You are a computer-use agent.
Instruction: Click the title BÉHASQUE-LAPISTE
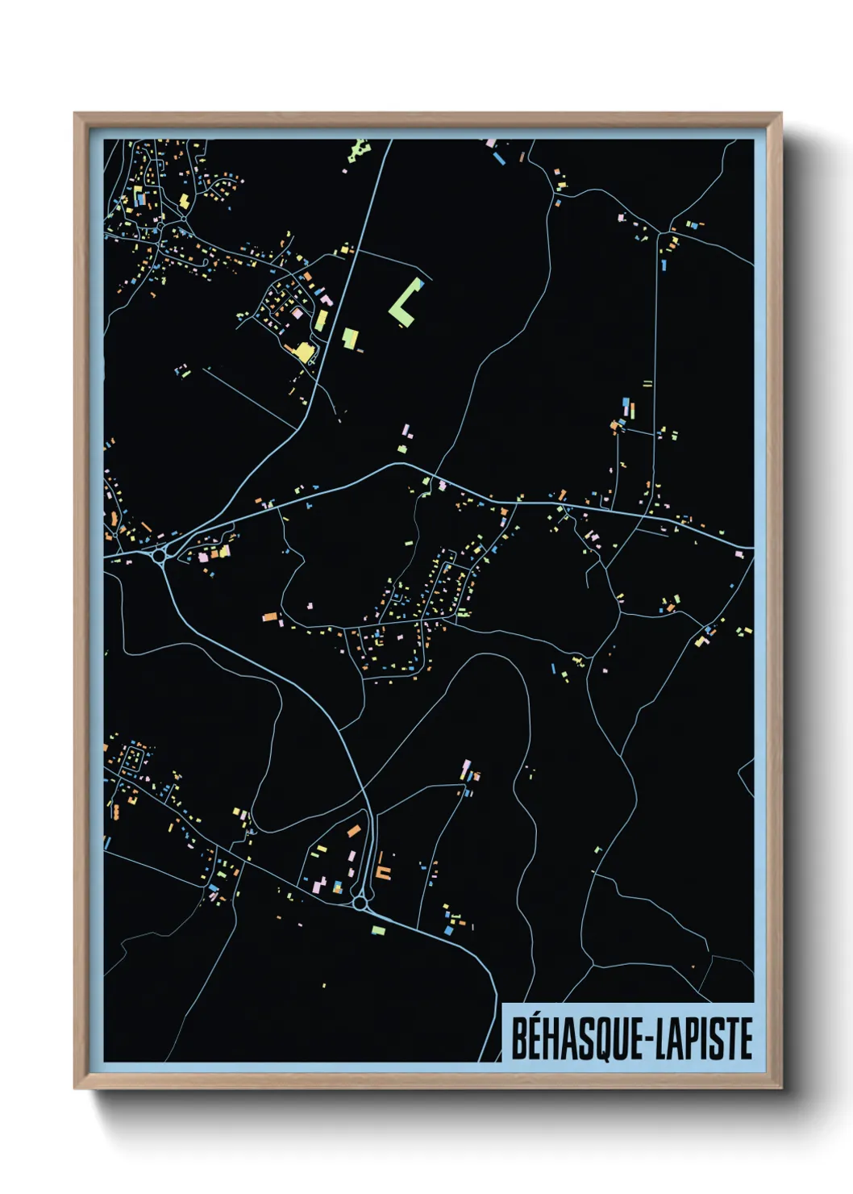coord(631,1038)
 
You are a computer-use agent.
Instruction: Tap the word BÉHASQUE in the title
coord(572,1038)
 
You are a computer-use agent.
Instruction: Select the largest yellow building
coord(303,351)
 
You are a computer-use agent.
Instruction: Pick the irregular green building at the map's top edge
coord(358,151)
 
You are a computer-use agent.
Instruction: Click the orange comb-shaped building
coord(383,871)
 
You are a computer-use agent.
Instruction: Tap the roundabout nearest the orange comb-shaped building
coord(360,904)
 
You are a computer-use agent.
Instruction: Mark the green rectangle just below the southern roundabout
coord(377,930)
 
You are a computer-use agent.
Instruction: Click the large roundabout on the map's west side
coord(160,554)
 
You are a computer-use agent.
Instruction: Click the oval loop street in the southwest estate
coord(134,758)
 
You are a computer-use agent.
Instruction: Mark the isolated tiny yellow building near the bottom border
coord(324,985)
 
